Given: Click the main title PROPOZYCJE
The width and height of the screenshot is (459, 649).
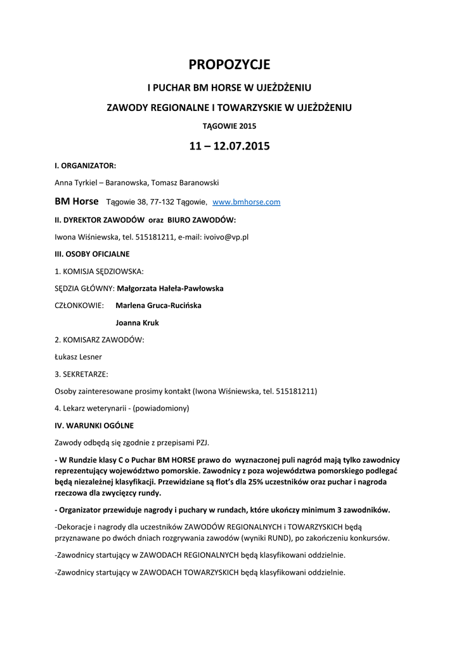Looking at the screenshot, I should (x=229, y=65).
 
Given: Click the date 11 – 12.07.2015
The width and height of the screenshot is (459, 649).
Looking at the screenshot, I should (x=229, y=146).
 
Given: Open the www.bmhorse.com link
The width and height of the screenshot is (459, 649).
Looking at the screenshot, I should (x=246, y=202).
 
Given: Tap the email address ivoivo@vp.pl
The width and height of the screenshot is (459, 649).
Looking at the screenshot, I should (x=226, y=237).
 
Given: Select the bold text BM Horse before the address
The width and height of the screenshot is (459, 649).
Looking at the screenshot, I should (x=77, y=202).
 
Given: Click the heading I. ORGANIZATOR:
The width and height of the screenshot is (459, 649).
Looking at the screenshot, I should (x=86, y=165).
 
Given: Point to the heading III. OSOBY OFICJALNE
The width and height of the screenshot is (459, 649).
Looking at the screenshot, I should (x=93, y=254).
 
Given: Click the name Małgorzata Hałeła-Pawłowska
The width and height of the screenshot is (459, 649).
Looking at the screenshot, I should (x=170, y=288).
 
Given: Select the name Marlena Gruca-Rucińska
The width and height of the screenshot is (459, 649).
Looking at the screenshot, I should (x=158, y=305).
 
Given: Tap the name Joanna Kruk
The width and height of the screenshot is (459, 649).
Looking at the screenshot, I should (x=137, y=323).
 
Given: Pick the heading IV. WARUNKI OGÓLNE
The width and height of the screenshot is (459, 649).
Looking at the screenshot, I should (x=94, y=425).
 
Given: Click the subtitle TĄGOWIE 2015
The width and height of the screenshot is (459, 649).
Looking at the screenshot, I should (x=229, y=126).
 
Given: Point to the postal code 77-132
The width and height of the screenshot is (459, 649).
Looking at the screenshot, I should (x=161, y=202).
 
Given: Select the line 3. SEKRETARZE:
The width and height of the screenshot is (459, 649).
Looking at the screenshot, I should (x=81, y=374).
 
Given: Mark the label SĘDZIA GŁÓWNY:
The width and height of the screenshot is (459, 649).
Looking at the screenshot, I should (x=85, y=288).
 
